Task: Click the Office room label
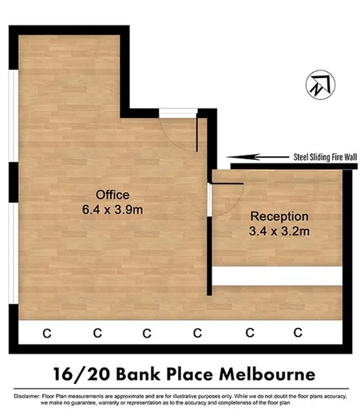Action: tap(112, 195)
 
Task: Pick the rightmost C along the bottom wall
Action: tap(299, 332)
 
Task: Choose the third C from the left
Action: tap(146, 332)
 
